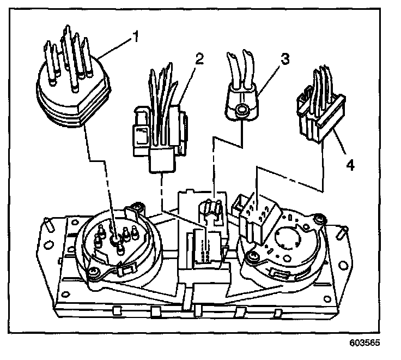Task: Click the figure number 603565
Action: click(x=363, y=345)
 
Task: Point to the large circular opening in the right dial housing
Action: click(x=289, y=239)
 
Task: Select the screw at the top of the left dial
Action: click(x=138, y=207)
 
